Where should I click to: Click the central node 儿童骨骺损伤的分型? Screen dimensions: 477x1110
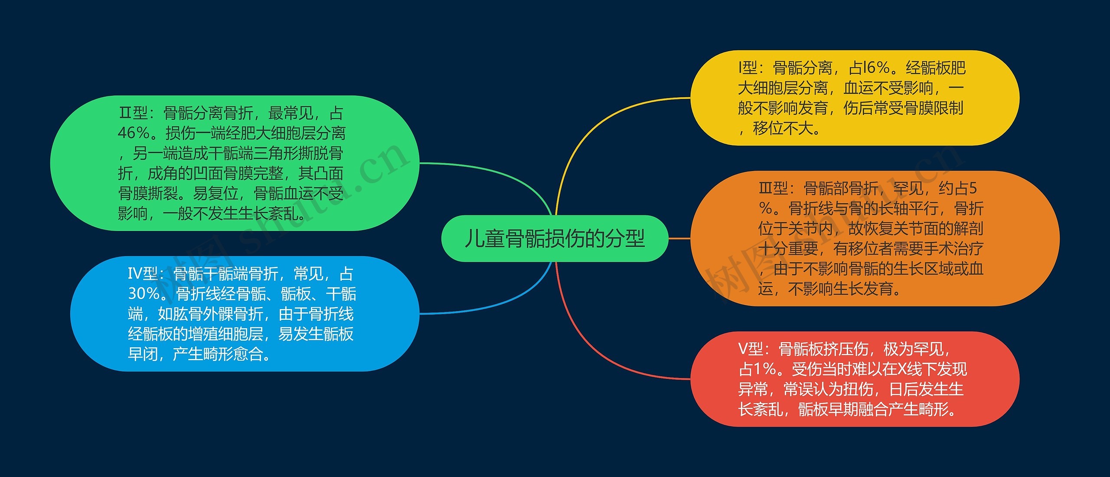tap(555, 238)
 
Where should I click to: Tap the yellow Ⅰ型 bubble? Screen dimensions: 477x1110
tap(854, 98)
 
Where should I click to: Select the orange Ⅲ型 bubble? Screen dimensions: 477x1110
tap(874, 238)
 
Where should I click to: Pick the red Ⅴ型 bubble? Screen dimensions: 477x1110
tap(854, 379)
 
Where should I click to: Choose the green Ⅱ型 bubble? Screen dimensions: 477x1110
tap(235, 163)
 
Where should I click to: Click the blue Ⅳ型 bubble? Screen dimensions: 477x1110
tap(245, 314)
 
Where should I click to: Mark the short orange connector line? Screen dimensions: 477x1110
tap(679, 238)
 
